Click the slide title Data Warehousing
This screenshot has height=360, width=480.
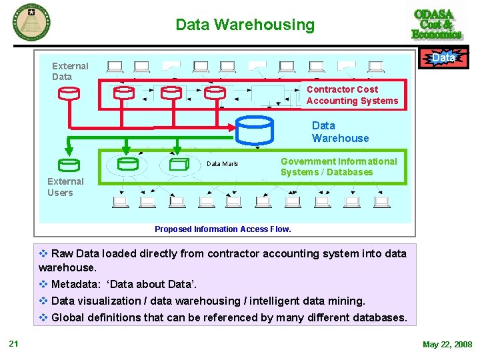(245, 25)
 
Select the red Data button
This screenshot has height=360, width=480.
(443, 59)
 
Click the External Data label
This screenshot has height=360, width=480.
(70, 71)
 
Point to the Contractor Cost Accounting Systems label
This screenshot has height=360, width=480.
(351, 95)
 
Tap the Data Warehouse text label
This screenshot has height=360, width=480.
(340, 132)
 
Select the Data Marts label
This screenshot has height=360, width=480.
(222, 164)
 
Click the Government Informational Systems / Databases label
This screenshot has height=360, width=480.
(338, 167)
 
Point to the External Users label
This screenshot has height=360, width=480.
(65, 187)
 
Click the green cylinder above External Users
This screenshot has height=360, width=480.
(69, 165)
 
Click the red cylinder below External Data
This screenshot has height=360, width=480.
(69, 93)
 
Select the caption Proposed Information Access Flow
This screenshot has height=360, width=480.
(223, 229)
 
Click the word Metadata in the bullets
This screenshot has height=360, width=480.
(75, 285)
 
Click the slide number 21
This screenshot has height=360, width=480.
(13, 344)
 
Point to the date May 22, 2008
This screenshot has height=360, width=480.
(447, 345)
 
